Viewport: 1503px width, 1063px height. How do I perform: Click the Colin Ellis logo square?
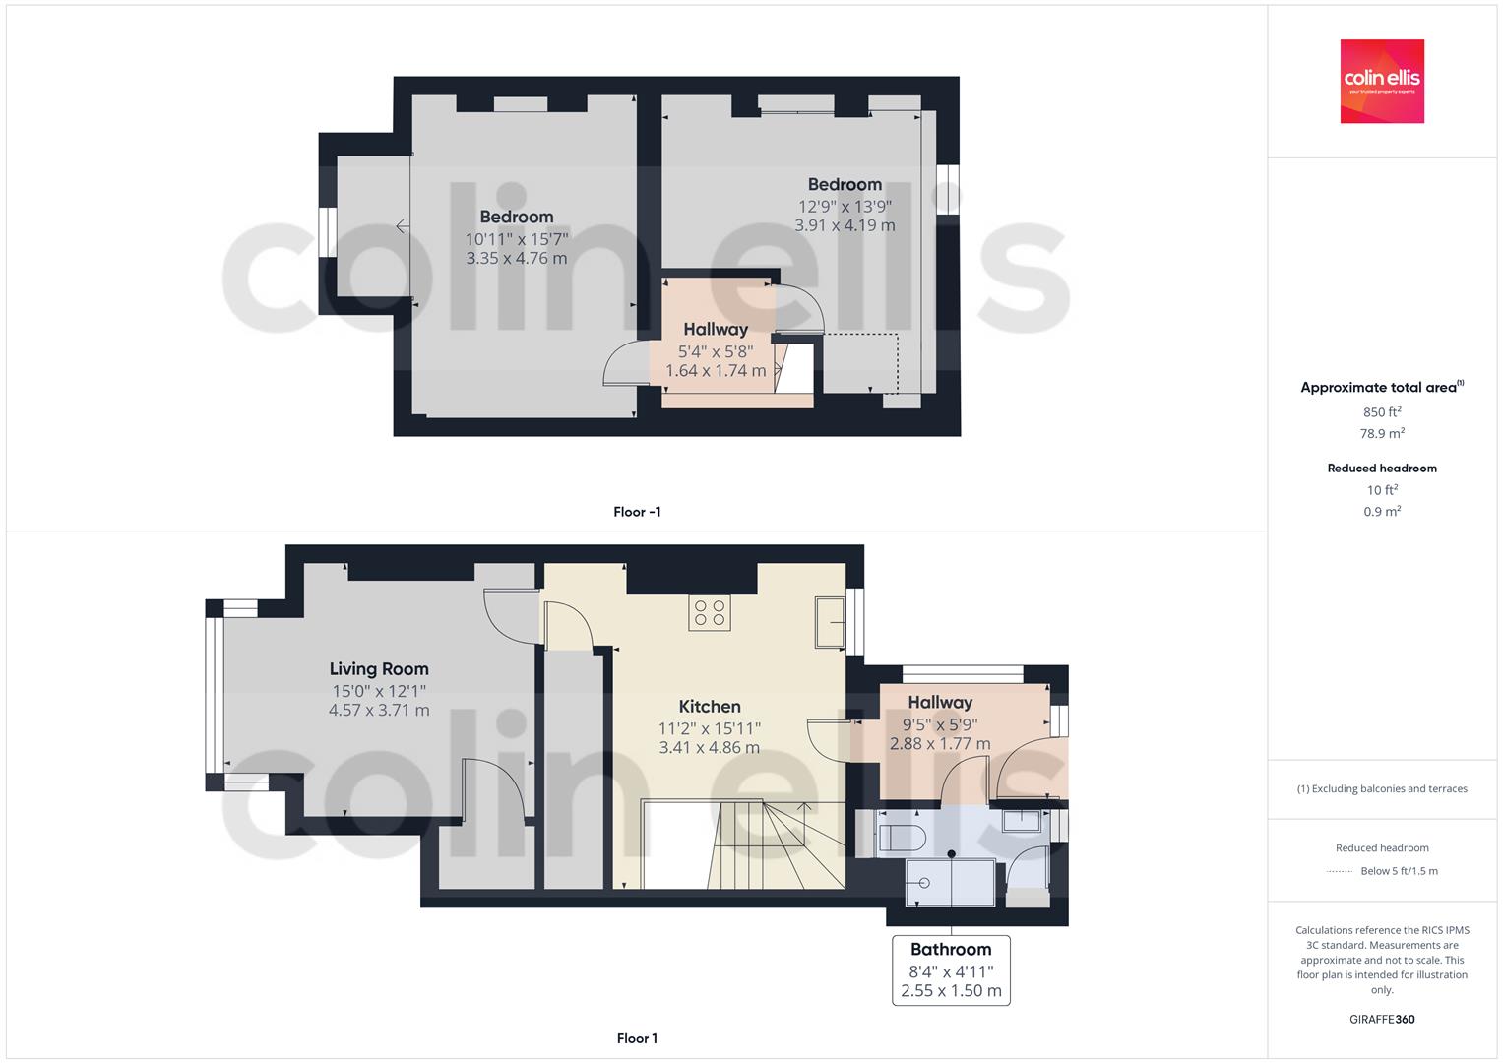(x=1382, y=81)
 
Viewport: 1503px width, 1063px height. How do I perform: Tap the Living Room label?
(x=379, y=669)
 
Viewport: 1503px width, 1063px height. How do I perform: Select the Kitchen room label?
(x=710, y=707)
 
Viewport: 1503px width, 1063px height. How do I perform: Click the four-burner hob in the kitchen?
(x=710, y=613)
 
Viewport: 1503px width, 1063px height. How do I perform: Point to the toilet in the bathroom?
(x=902, y=839)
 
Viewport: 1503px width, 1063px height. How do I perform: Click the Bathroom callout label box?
(x=951, y=970)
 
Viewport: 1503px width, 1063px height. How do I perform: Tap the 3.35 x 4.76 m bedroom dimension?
(x=517, y=258)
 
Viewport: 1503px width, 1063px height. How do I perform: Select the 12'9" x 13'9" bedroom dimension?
(x=845, y=207)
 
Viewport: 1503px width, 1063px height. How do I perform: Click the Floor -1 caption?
(x=637, y=512)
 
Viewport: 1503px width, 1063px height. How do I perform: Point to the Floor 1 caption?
(x=637, y=1038)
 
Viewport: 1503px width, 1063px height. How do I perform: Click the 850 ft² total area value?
(x=1382, y=412)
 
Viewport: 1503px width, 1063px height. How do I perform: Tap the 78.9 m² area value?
(x=1382, y=433)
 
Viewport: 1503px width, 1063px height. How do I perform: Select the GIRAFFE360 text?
(x=1382, y=1020)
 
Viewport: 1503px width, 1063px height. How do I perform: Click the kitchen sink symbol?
(x=830, y=622)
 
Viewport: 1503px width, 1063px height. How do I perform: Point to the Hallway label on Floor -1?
(x=716, y=330)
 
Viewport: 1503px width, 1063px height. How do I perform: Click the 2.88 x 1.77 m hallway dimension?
(x=940, y=744)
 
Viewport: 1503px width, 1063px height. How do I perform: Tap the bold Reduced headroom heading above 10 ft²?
(x=1382, y=469)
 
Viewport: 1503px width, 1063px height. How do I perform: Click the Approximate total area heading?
(x=1382, y=387)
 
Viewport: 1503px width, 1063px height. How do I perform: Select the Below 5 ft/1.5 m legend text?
(x=1399, y=871)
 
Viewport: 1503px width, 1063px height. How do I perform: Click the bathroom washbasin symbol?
(x=1022, y=821)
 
